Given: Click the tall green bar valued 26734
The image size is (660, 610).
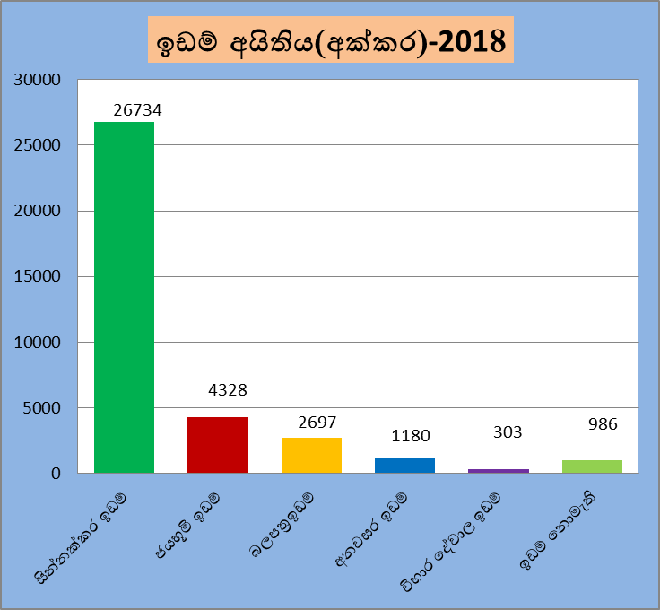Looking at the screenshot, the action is point(124,298).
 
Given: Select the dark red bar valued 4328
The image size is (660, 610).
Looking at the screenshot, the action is point(218,445).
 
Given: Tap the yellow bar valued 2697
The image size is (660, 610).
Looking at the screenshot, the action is point(311,456).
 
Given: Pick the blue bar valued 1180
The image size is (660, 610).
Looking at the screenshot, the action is point(405,466).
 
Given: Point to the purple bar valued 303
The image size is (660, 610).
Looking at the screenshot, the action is point(499,471).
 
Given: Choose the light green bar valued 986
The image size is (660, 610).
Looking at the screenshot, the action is point(592,466).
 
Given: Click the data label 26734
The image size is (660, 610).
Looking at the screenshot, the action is point(137,110).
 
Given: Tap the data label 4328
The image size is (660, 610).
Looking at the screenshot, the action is point(228,390).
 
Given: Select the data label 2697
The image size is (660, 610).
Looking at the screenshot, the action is point(317,423).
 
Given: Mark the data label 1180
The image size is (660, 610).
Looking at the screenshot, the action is point(411,436).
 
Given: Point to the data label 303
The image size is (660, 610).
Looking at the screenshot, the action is point(508,432).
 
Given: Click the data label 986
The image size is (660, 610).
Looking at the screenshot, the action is point(603,424).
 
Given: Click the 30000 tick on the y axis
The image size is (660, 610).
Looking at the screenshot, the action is point(38,80).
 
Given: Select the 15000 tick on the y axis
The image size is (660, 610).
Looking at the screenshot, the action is point(38,276).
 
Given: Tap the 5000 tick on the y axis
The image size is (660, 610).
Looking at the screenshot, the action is point(42,408).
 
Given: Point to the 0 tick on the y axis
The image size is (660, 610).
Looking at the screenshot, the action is point(56,474).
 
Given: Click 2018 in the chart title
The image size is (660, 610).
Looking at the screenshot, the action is point(472,41).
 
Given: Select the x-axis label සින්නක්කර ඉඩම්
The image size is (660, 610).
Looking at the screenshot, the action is point(81,538).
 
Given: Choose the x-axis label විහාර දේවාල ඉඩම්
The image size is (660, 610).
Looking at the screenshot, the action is point(450,543).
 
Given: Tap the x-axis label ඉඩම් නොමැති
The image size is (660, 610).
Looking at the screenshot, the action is point(558,531).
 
